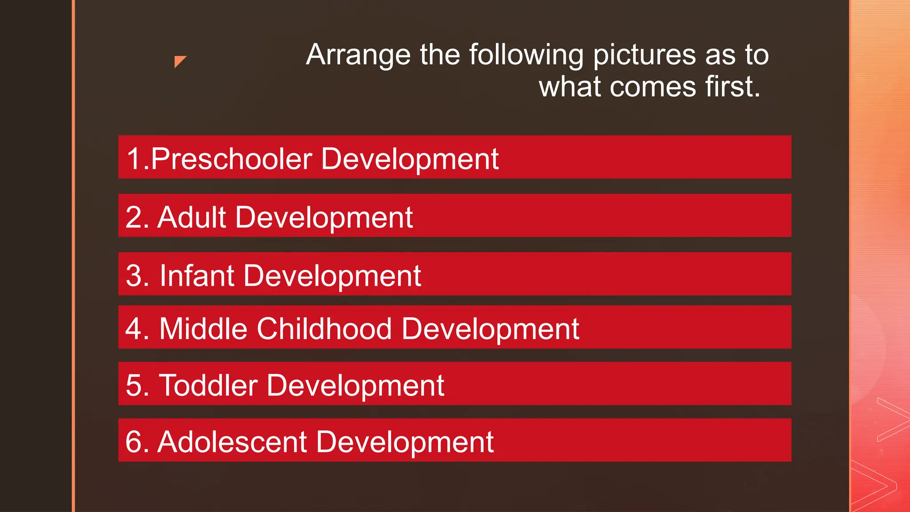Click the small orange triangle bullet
pyautogui.click(x=179, y=60)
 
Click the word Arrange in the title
pyautogui.click(x=358, y=55)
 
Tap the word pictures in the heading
pyautogui.click(x=644, y=55)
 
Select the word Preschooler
pyautogui.click(x=231, y=159)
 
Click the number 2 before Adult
pyautogui.click(x=134, y=218)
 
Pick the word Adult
pyautogui.click(x=192, y=218)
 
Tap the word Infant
pyautogui.click(x=197, y=276)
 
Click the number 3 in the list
pyautogui.click(x=134, y=276)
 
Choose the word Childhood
pyautogui.click(x=324, y=329)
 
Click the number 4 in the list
pyautogui.click(x=134, y=329)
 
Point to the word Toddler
pyautogui.click(x=208, y=385)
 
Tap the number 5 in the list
pyautogui.click(x=134, y=385)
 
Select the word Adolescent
pyautogui.click(x=232, y=442)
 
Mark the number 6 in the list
pyautogui.click(x=134, y=442)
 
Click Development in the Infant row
pyautogui.click(x=332, y=276)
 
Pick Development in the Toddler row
pyautogui.click(x=355, y=385)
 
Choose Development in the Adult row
pyautogui.click(x=324, y=218)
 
